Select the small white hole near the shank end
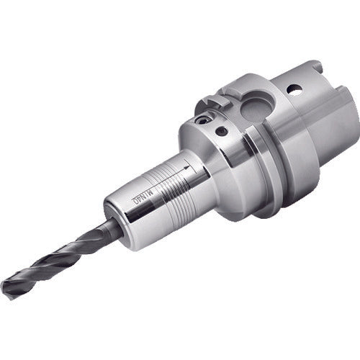point(294,91)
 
